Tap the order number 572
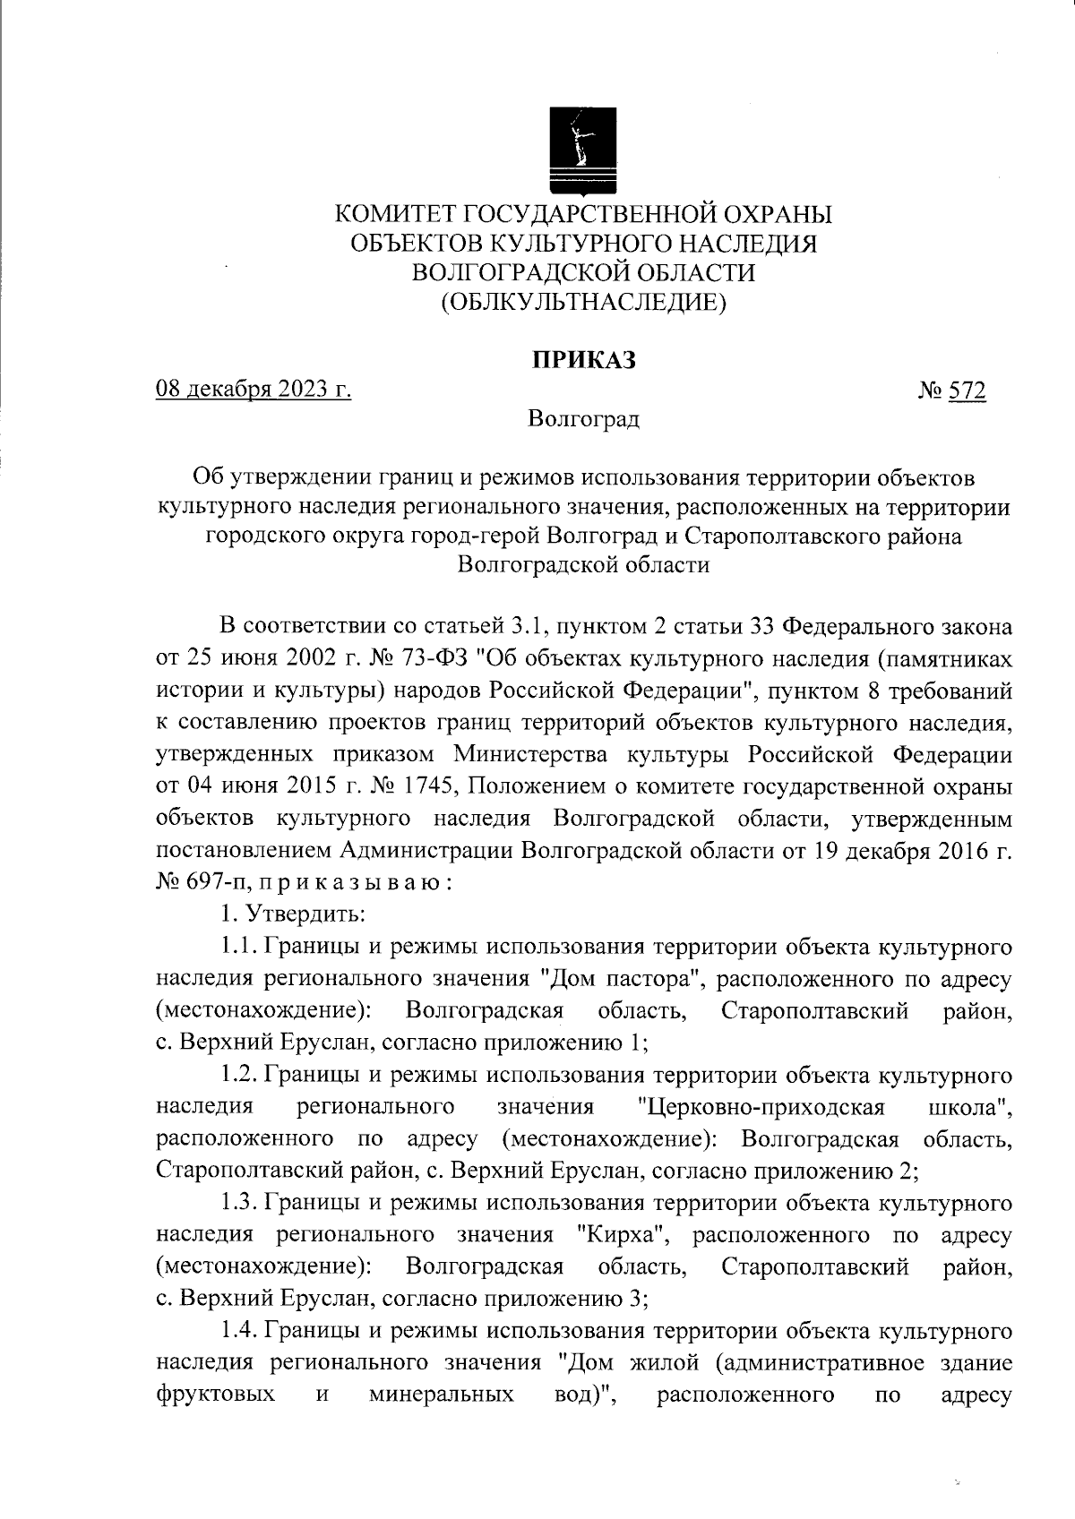968,391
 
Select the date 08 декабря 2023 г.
254,390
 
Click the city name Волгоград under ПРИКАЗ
583,418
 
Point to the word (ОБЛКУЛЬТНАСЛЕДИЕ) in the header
583,302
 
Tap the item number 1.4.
239,1331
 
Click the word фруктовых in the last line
215,1395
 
